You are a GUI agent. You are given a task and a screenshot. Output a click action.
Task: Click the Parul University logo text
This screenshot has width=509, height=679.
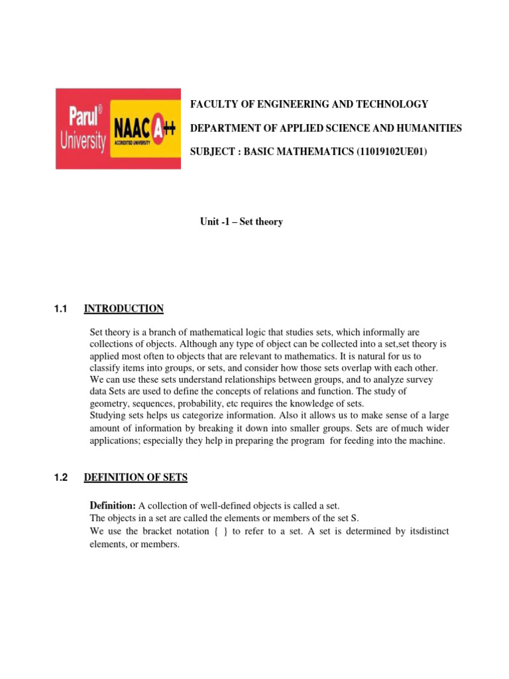coord(82,129)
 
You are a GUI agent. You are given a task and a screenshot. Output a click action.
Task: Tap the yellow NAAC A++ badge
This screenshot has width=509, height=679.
coord(144,129)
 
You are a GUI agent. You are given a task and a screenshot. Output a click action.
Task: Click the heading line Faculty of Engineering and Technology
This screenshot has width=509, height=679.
coord(309,104)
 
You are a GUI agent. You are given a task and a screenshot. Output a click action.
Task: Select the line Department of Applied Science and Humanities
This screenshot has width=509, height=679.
coord(326,128)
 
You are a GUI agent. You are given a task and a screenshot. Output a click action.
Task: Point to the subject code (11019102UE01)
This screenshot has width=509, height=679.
coord(392,152)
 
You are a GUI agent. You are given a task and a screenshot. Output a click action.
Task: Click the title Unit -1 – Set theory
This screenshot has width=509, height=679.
coord(241,221)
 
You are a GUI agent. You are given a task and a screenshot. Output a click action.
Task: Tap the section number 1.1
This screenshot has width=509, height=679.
coord(62,308)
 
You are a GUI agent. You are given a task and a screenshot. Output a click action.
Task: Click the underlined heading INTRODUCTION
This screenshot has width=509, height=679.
coord(123,308)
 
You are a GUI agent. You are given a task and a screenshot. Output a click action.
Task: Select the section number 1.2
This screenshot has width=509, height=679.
coord(62,477)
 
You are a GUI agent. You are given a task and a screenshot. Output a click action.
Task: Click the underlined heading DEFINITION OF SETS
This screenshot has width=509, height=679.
coord(136,477)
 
